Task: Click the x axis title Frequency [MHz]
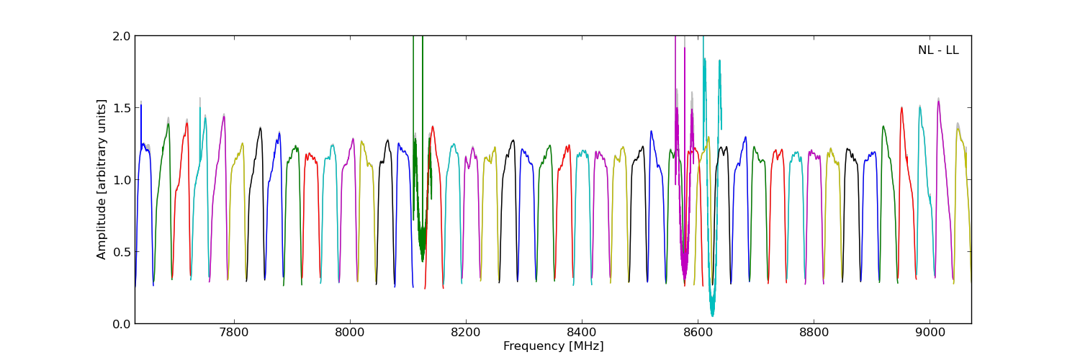tap(553, 346)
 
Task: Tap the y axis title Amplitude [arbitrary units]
tap(102, 179)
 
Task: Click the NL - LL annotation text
tap(938, 50)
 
